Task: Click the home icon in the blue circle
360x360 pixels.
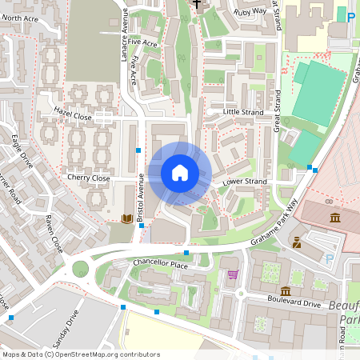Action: [180, 173]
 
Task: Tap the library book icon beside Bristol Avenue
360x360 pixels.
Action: [126, 218]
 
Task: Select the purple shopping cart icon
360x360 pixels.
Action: [233, 274]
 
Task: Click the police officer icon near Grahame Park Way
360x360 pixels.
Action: [297, 242]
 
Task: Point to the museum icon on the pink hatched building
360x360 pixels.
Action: [334, 218]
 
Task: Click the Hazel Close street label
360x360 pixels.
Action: [73, 114]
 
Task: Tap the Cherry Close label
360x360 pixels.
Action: [88, 178]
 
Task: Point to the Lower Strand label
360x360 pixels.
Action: [244, 182]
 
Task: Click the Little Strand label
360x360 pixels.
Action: [242, 112]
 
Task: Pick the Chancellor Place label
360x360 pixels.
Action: [161, 265]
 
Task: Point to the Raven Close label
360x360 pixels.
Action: [54, 233]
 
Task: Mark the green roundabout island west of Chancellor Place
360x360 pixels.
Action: [80, 268]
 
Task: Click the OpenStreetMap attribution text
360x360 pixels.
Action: [81, 354]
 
